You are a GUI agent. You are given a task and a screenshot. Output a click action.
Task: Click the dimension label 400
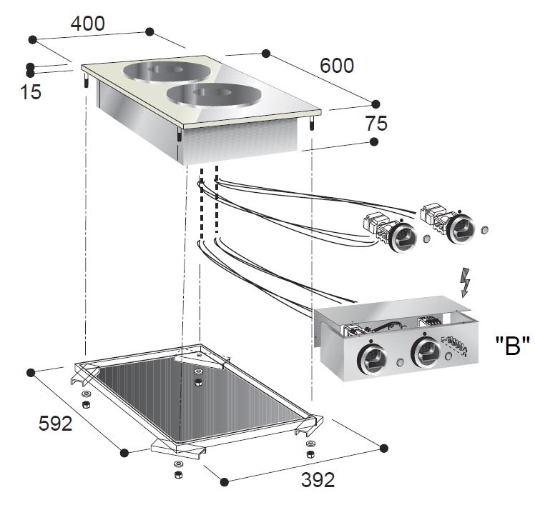(x=87, y=23)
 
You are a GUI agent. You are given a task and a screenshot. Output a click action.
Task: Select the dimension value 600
(x=337, y=66)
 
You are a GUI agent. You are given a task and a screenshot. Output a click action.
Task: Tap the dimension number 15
(x=31, y=92)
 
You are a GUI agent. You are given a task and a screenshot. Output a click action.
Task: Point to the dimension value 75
(x=376, y=124)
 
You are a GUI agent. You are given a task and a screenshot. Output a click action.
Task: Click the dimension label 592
(x=55, y=424)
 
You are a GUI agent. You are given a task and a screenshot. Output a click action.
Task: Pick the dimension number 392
(x=297, y=479)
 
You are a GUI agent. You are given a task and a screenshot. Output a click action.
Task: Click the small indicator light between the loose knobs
(x=427, y=239)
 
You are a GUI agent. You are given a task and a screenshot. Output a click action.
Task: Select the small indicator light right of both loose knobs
(x=484, y=231)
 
